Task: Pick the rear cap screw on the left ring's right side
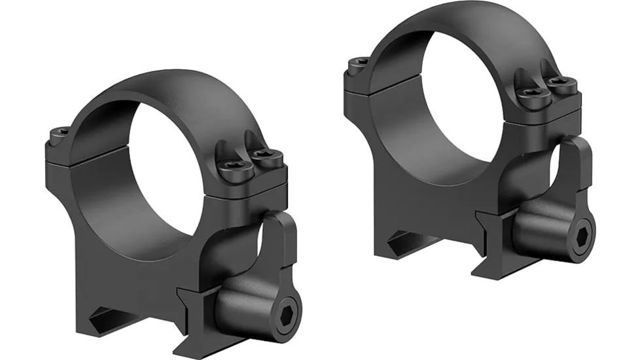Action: [266, 157]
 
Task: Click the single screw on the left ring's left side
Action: [60, 135]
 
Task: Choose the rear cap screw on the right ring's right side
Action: [561, 84]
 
